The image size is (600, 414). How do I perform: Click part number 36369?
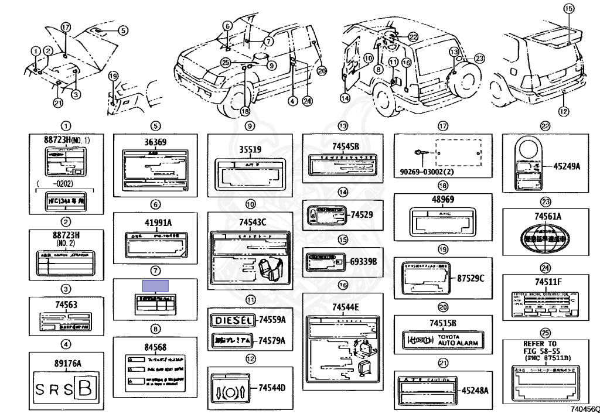pyautogui.click(x=155, y=142)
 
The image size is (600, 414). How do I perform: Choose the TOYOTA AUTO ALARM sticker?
pyautogui.click(x=442, y=340)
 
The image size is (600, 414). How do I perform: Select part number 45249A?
pyautogui.click(x=567, y=166)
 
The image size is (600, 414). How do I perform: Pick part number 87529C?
pyautogui.click(x=471, y=278)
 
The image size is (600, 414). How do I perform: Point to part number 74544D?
pyautogui.click(x=272, y=388)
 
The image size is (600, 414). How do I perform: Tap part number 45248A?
pyautogui.click(x=475, y=390)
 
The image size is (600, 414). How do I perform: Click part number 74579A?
pyautogui.click(x=272, y=340)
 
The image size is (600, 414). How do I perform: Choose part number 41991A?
pyautogui.click(x=155, y=223)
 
